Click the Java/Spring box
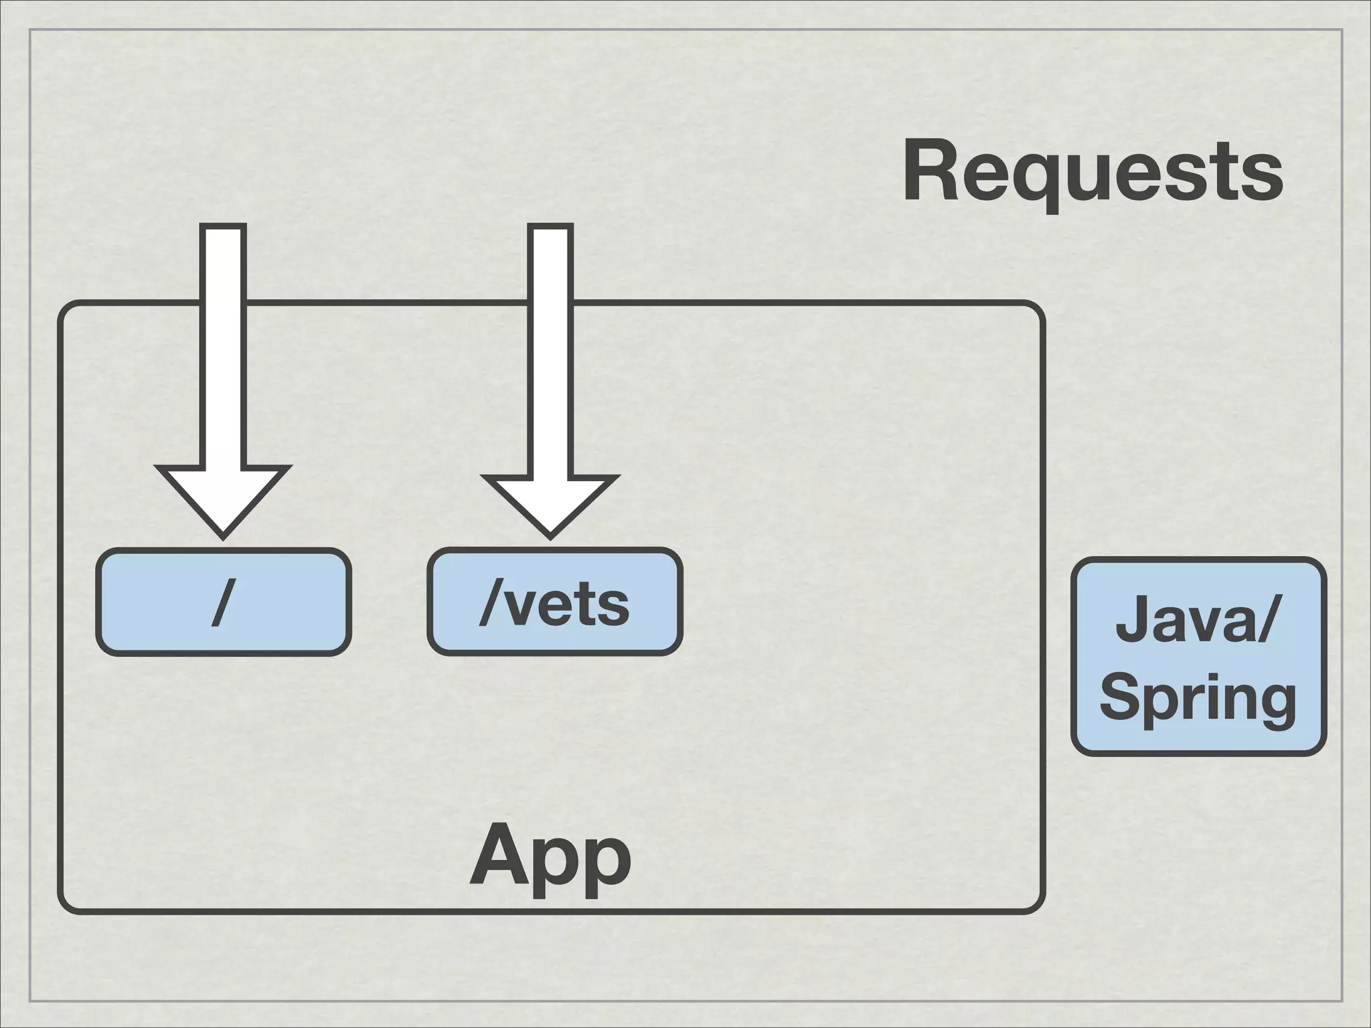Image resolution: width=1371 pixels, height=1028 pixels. click(1198, 656)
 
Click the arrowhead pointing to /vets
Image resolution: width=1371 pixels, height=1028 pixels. click(550, 506)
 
